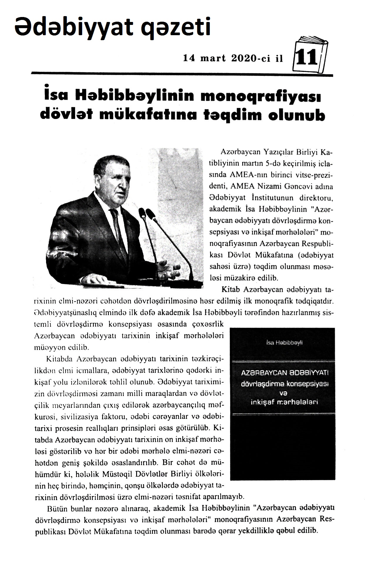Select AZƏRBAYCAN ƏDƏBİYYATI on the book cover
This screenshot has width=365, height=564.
pos(284,374)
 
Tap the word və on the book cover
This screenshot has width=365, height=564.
pos(284,393)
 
